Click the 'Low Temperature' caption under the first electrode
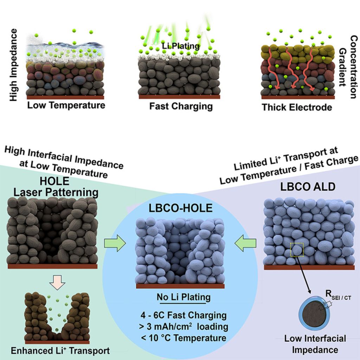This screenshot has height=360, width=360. (x=66, y=105)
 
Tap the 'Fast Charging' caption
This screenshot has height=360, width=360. (x=181, y=106)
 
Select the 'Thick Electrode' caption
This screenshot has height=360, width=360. (x=297, y=107)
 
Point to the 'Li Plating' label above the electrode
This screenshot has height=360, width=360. (x=181, y=46)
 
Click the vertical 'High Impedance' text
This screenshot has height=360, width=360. (x=13, y=65)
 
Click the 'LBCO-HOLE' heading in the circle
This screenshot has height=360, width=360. (x=180, y=208)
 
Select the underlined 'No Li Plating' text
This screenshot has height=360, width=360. (x=184, y=297)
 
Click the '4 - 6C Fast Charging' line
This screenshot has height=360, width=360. (x=182, y=315)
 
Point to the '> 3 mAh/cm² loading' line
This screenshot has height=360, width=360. (x=183, y=327)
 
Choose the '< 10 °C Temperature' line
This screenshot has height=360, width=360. (x=182, y=338)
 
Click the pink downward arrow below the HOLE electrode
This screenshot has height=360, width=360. (x=58, y=281)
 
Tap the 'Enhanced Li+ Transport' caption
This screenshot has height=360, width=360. (x=60, y=351)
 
